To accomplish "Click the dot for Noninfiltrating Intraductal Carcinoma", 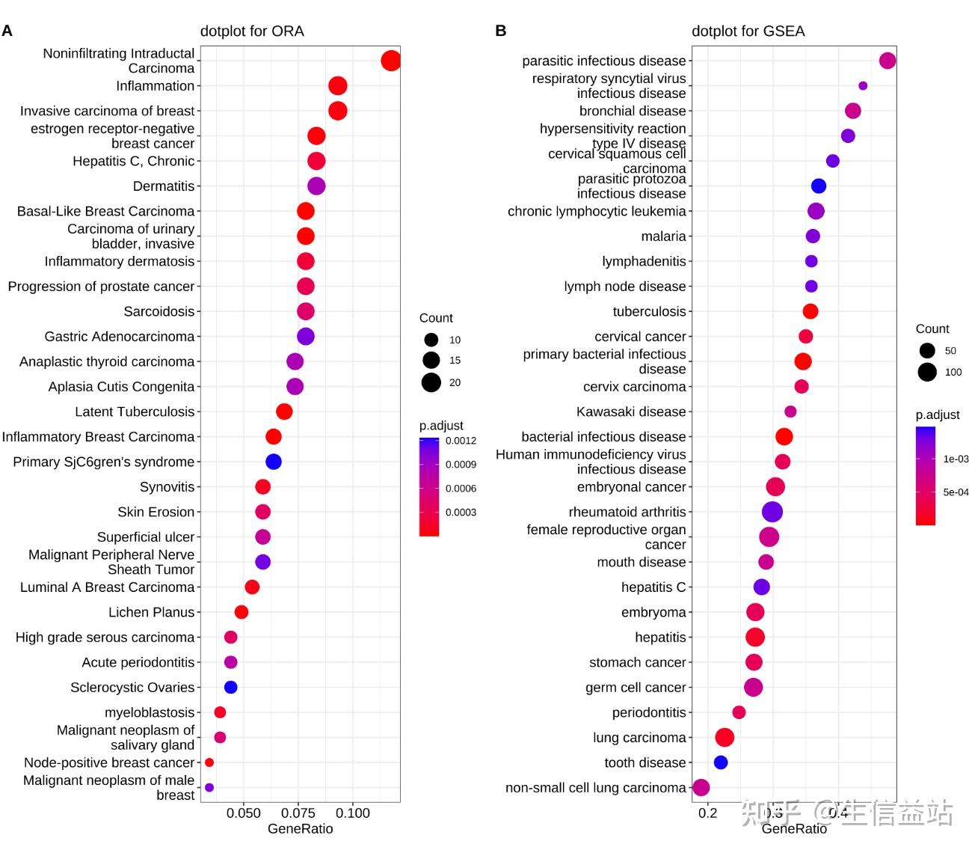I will tap(390, 61).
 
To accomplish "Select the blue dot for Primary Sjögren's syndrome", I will tap(274, 462).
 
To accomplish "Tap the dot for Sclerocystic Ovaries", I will tap(231, 687).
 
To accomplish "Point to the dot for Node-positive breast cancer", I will tap(209, 762).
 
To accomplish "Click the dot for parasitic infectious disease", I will tap(888, 61).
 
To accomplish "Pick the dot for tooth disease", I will tap(721, 762).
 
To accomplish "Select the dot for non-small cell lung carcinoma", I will tap(701, 787).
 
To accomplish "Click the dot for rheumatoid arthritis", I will tap(772, 512).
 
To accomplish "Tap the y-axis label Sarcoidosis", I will tap(159, 311).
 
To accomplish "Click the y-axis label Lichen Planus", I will tap(151, 612).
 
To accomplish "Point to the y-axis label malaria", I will tap(663, 236).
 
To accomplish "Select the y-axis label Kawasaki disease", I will tap(631, 412).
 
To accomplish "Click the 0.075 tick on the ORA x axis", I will tap(298, 813).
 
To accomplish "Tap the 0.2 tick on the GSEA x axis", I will tap(707, 813).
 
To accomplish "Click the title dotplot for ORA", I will tap(252, 31).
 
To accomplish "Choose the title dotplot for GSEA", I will tap(748, 31).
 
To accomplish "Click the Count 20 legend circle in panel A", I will tap(431, 382).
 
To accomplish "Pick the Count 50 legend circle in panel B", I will tap(927, 350).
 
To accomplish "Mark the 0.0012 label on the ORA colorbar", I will tap(461, 441).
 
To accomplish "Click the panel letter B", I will tap(500, 31).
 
